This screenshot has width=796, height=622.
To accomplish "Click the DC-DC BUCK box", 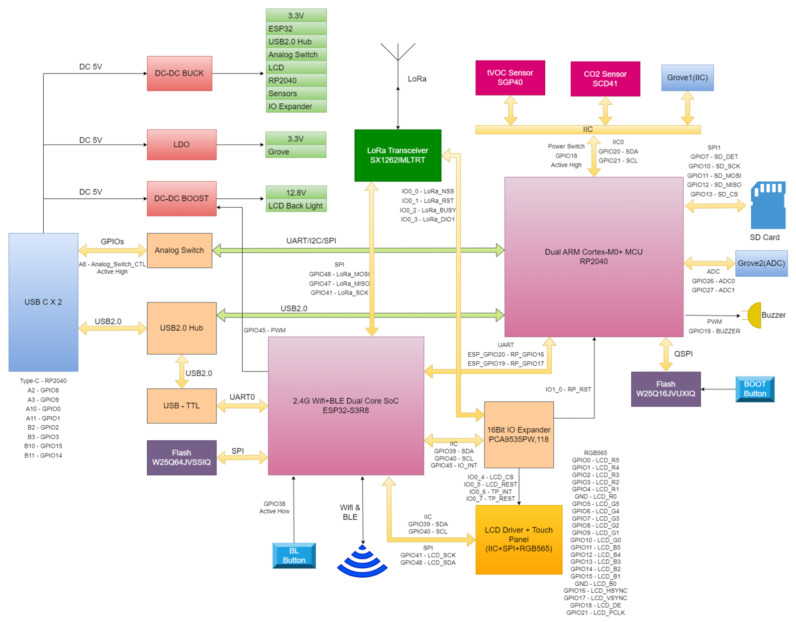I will pyautogui.click(x=179, y=74).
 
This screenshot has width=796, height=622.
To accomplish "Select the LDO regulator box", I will pyautogui.click(x=181, y=145).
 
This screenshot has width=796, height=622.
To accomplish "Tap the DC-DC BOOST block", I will pyautogui.click(x=181, y=198).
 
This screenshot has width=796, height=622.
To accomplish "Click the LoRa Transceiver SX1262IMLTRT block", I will pyautogui.click(x=398, y=155).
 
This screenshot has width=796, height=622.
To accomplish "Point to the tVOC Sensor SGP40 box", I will pyautogui.click(x=510, y=78).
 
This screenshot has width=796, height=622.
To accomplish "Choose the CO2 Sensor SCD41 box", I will pyautogui.click(x=605, y=78).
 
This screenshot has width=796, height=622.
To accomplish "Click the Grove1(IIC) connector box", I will pyautogui.click(x=687, y=78).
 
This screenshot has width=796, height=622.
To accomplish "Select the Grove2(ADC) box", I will pyautogui.click(x=761, y=263).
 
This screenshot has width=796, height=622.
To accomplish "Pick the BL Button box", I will pyautogui.click(x=294, y=555).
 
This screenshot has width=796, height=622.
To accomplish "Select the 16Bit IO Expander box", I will pyautogui.click(x=518, y=435).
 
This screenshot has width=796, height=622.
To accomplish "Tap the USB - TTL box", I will pyautogui.click(x=182, y=406).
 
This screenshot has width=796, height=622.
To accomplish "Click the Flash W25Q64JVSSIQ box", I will pyautogui.click(x=182, y=458).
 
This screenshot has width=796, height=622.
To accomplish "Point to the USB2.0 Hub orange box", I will pyautogui.click(x=182, y=328).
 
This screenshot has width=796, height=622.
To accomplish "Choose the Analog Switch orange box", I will pyautogui.click(x=179, y=250).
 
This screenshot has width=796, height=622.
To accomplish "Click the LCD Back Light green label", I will pyautogui.click(x=296, y=206).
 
